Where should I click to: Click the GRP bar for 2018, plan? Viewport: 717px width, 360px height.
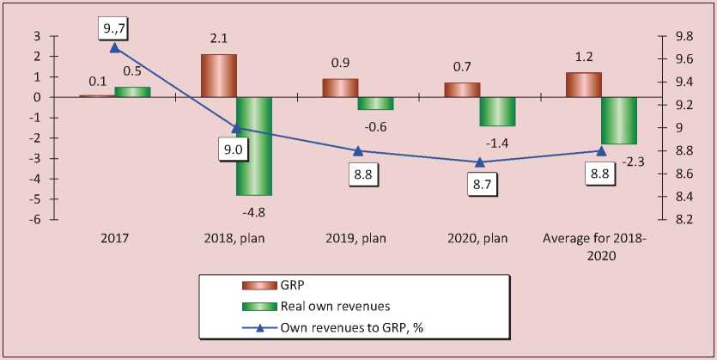(219, 76)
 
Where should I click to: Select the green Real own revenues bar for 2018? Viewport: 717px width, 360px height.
(254, 146)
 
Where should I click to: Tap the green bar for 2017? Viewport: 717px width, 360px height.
(132, 91)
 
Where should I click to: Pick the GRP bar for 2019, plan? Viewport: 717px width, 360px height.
(340, 88)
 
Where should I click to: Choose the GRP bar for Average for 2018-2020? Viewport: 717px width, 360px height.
(583, 85)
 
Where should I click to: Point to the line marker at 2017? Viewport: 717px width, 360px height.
(115, 49)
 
